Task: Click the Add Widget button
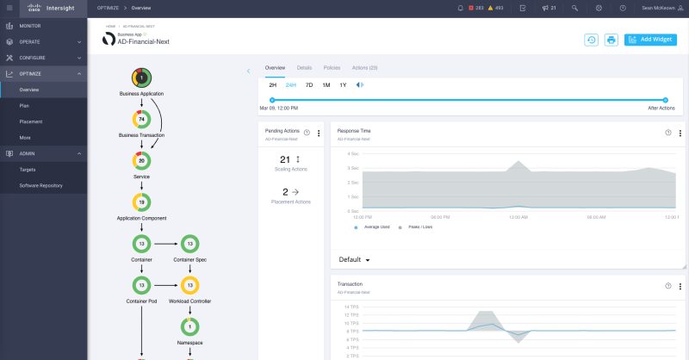650,40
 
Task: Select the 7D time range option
309,85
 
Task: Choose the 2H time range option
272,85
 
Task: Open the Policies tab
332,67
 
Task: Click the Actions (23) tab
365,67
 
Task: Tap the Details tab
304,67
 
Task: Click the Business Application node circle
141,78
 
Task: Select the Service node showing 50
141,161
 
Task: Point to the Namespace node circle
189,327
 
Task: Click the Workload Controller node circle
189,285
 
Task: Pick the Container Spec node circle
189,244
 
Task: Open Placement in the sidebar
30,121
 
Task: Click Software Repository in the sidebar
40,185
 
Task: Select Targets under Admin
28,170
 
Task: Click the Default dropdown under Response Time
354,259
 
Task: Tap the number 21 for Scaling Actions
286,159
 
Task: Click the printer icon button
611,40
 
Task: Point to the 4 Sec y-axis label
352,154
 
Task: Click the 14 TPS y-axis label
351,307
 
